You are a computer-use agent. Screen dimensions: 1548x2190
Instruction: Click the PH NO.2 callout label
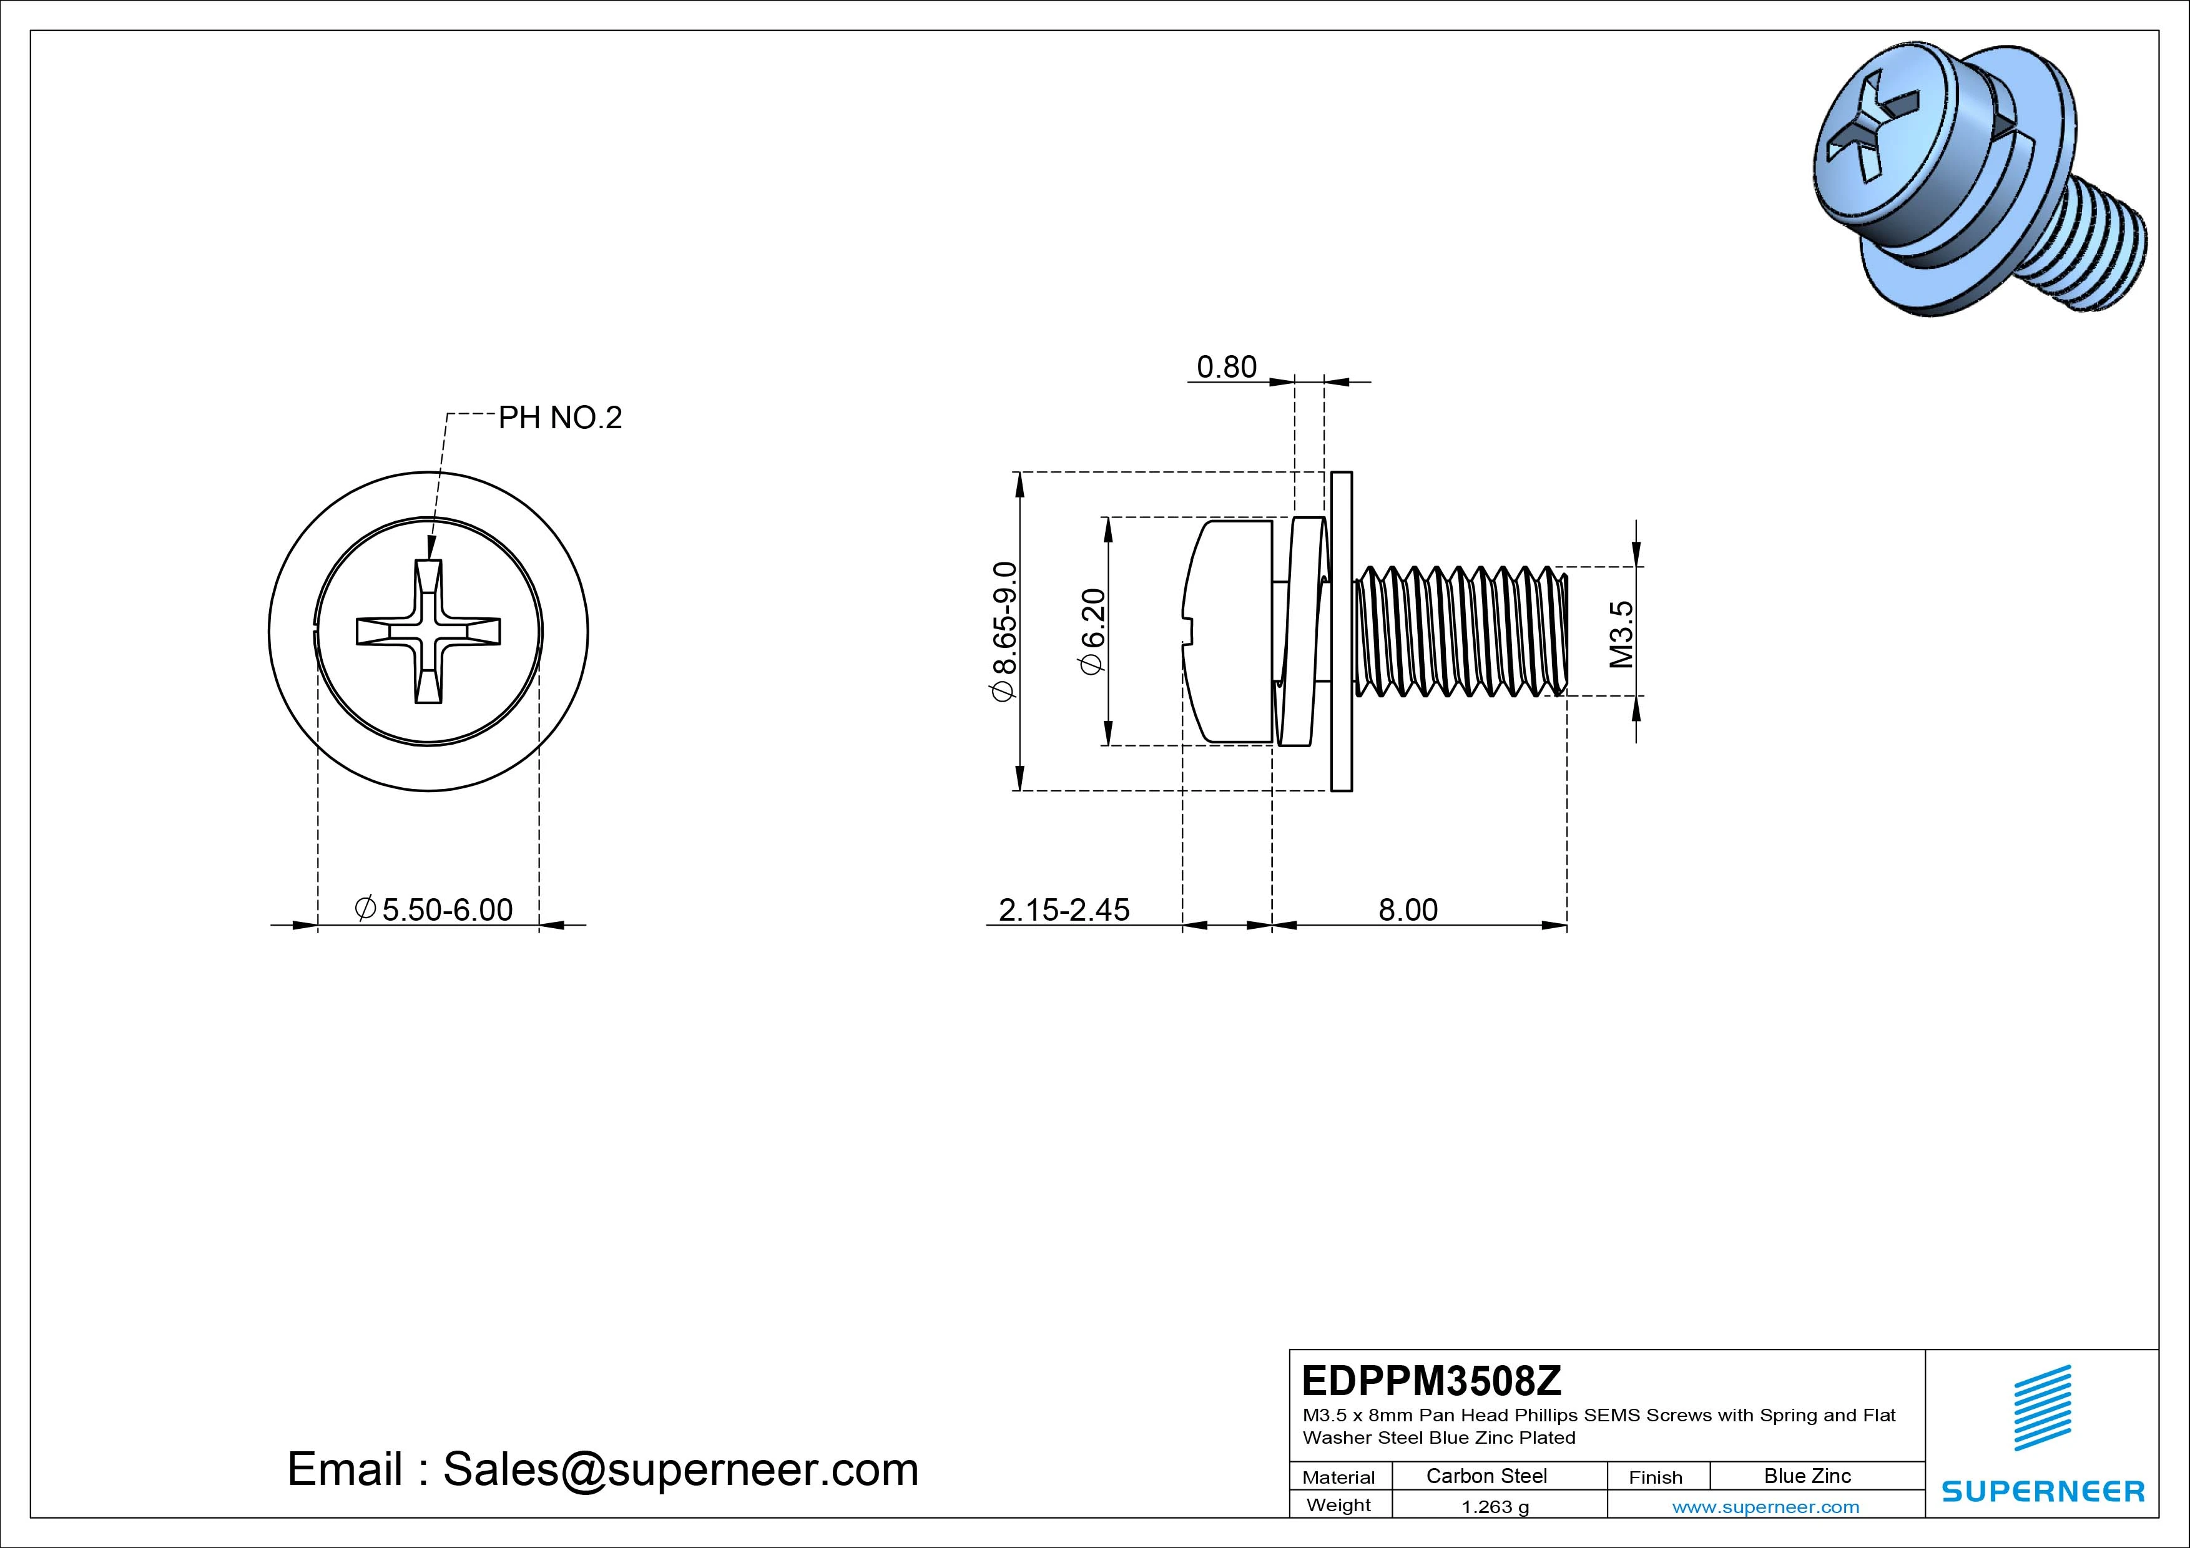pyautogui.click(x=560, y=418)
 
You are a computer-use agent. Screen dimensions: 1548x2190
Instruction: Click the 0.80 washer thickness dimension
pyautogui.click(x=1227, y=367)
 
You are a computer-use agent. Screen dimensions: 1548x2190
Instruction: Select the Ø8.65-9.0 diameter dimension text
pyautogui.click(x=1005, y=632)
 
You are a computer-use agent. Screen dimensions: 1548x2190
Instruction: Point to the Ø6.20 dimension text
pyautogui.click(x=1092, y=632)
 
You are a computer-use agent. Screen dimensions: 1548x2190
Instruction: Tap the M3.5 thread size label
pyautogui.click(x=1621, y=634)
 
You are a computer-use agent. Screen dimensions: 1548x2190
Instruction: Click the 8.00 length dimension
pyautogui.click(x=1408, y=910)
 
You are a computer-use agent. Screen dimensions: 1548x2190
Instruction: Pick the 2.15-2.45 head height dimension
pyautogui.click(x=1064, y=910)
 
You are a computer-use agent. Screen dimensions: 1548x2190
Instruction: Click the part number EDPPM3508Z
pyautogui.click(x=1431, y=1380)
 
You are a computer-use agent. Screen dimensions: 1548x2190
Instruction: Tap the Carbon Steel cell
pyautogui.click(x=1486, y=1476)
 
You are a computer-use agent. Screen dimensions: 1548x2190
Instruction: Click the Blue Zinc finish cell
pyautogui.click(x=1807, y=1476)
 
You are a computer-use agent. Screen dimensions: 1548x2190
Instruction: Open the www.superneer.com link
pyautogui.click(x=1765, y=1507)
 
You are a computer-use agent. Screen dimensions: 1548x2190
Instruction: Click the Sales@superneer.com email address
pyautogui.click(x=680, y=1469)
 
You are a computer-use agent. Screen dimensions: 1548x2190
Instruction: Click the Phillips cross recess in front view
pyautogui.click(x=428, y=632)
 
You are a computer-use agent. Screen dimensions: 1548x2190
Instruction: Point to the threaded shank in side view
pyautogui.click(x=1460, y=632)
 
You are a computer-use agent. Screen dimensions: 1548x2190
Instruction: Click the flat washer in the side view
pyautogui.click(x=1341, y=632)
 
